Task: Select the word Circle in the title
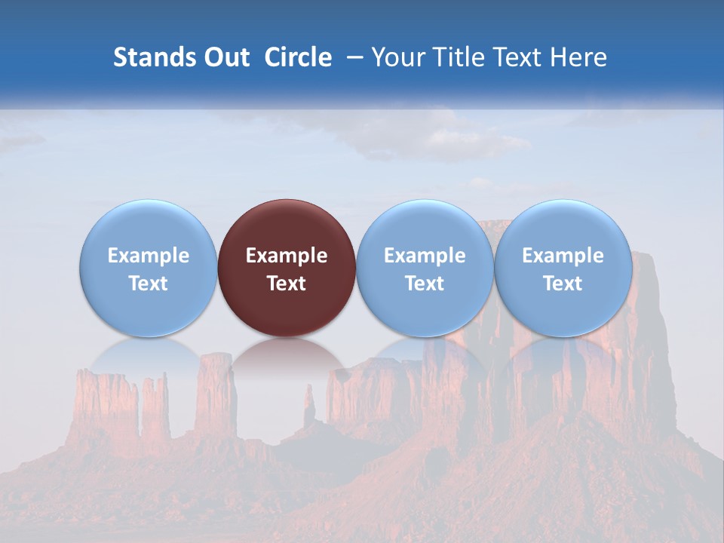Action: pos(298,57)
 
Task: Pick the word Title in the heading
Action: pos(452,57)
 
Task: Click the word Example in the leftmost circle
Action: pos(149,256)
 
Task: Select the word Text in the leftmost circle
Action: pos(149,284)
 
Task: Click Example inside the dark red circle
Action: pos(287,256)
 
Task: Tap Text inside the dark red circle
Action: pos(287,284)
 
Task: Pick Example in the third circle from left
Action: pos(425,256)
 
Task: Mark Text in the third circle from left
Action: pos(425,284)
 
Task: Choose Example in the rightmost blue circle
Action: pos(563,256)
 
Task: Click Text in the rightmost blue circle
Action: pos(563,284)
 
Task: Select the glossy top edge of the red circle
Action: pos(287,207)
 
